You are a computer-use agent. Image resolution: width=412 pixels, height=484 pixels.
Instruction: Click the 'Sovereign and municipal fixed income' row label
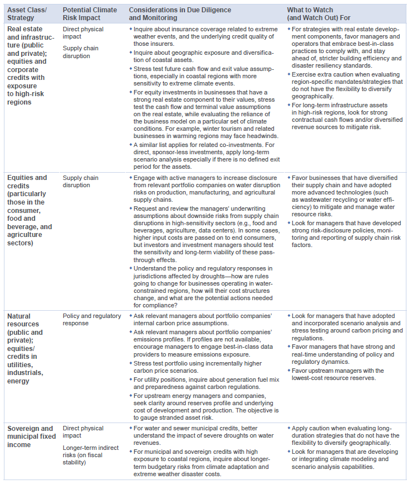click(30, 436)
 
